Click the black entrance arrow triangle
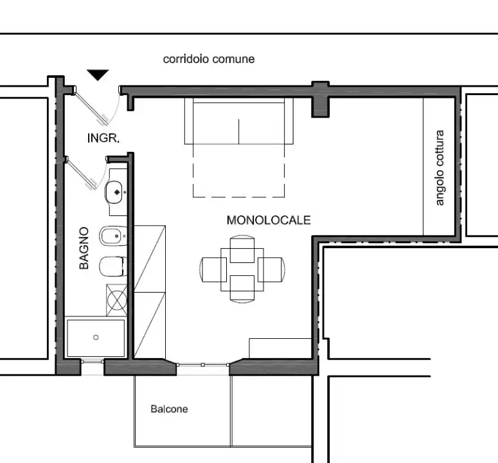(98, 75)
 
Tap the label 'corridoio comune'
(209, 59)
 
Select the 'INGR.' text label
(103, 138)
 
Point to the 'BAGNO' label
(84, 248)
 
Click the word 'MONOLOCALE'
(269, 220)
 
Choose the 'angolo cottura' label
(440, 168)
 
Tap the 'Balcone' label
(169, 408)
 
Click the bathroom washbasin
(114, 192)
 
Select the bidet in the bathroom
(113, 236)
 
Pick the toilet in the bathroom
(113, 266)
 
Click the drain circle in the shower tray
(96, 337)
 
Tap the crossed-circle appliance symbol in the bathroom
(117, 300)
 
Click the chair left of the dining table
(213, 269)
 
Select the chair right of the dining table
(271, 269)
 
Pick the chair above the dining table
(242, 249)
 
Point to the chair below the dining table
(242, 289)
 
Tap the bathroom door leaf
(81, 174)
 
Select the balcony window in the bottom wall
(202, 365)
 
